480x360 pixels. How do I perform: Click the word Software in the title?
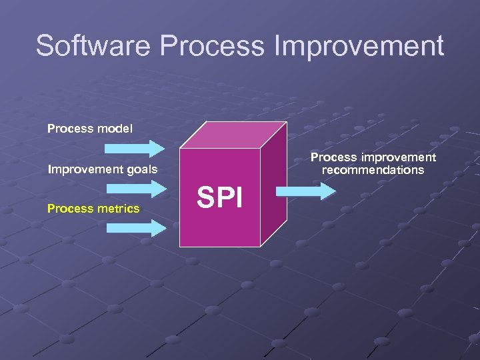click(94, 46)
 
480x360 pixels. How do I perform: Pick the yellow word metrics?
click(120, 209)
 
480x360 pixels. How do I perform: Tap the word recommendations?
click(373, 170)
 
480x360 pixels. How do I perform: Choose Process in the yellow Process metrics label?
click(67, 209)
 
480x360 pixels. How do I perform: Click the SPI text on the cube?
click(220, 198)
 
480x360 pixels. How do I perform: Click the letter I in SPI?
click(239, 198)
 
